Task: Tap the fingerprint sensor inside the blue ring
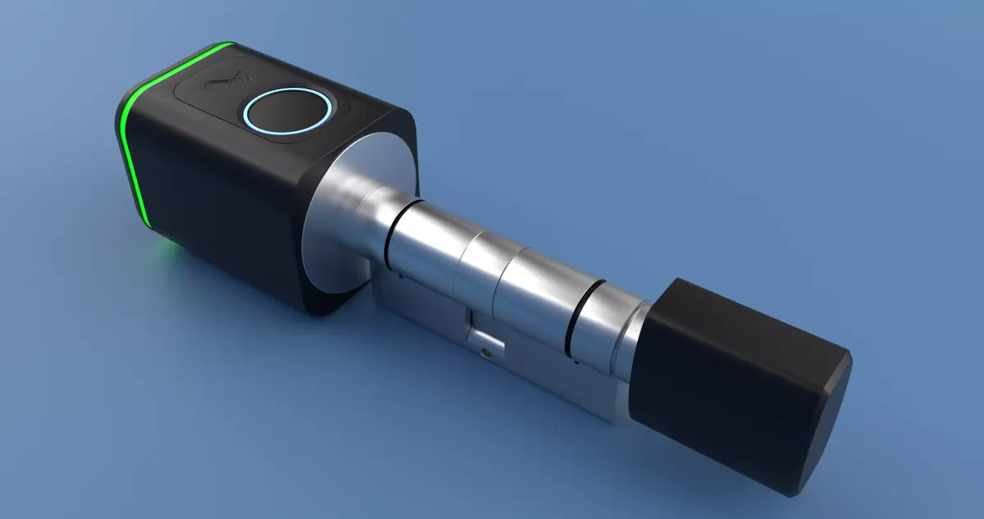click(287, 112)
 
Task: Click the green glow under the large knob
click(168, 246)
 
